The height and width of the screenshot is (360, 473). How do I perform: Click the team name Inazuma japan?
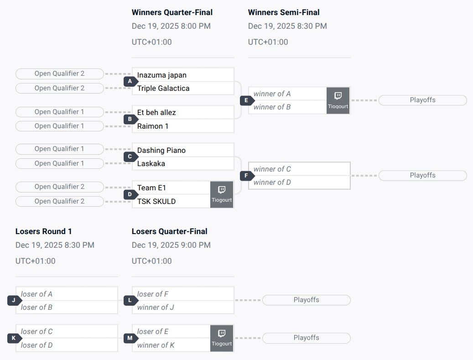tap(162, 75)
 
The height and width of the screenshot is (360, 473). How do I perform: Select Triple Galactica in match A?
tap(163, 88)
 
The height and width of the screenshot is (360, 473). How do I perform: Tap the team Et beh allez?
tap(156, 112)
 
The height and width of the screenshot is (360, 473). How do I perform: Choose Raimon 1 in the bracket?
tap(153, 126)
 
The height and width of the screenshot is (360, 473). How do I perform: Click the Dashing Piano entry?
tap(161, 150)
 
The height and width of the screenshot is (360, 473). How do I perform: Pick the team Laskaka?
tap(151, 163)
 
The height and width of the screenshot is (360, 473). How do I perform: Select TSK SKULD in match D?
tap(156, 201)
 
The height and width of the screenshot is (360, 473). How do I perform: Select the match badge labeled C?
tap(130, 157)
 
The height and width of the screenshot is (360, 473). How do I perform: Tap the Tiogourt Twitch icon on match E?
tap(338, 100)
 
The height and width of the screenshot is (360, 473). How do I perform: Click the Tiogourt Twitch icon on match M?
tap(222, 338)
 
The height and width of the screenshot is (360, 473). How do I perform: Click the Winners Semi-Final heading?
tap(284, 12)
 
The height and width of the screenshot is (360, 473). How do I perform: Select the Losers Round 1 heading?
tap(44, 231)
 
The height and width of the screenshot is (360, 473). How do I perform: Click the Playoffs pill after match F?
tap(422, 175)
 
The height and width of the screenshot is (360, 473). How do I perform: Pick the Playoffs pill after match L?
tap(306, 300)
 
